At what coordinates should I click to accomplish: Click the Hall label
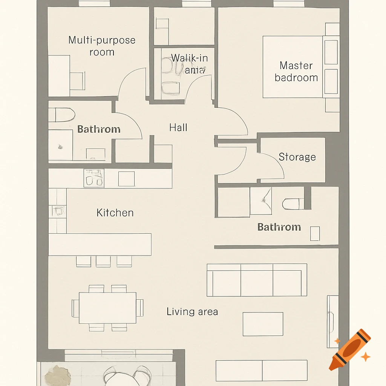coord(178,127)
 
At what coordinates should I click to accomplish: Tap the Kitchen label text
coord(115,213)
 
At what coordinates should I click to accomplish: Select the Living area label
coord(192,312)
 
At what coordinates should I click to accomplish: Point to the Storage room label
coord(297,157)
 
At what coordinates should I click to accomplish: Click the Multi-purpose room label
coord(102,46)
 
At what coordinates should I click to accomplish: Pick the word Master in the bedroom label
coord(296,66)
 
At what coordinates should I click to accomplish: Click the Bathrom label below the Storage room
coord(279,227)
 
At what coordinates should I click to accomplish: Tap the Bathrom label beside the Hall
coord(99,129)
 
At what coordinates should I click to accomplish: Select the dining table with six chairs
coord(107,308)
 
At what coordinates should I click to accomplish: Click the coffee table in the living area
coord(263,324)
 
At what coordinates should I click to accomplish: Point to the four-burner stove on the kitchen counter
coord(94,178)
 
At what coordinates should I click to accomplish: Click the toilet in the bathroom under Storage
coord(293,204)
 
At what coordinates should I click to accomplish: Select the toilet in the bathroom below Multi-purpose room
coord(62,115)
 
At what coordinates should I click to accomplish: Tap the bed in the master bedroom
coord(293,67)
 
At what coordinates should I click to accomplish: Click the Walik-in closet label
coord(189,64)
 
